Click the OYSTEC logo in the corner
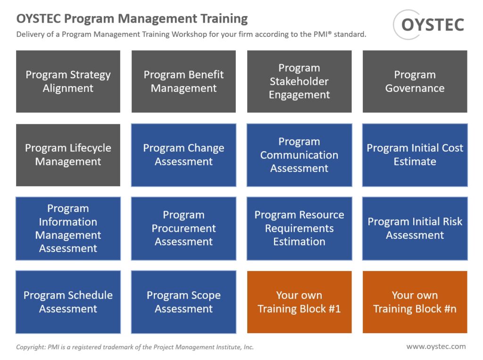point(429,25)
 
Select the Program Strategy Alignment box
point(68,82)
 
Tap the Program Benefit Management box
point(183,82)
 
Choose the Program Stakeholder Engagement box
point(299,82)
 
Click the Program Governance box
point(415,82)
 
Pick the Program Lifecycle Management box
point(68,155)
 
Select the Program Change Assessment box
point(183,155)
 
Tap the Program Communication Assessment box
point(299,155)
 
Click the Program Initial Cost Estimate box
point(415,155)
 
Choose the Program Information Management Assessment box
point(68,229)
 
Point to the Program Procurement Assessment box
point(183,229)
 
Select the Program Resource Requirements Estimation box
point(299,229)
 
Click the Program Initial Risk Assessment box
point(415,229)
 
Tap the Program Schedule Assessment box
point(68,302)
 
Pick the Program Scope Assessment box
point(183,302)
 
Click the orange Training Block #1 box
point(299,302)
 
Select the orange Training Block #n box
point(415,302)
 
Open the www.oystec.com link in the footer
point(436,346)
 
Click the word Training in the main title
point(224,19)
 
